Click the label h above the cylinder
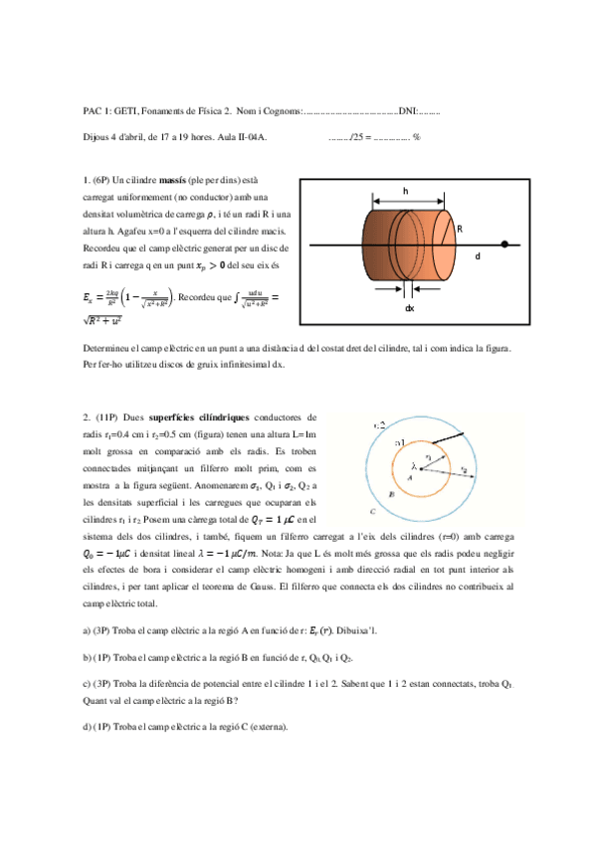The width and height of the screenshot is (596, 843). click(x=405, y=190)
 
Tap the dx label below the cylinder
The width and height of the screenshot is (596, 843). click(x=409, y=308)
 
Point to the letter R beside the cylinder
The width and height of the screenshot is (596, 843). click(x=460, y=230)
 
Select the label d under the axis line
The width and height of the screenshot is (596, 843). click(x=477, y=256)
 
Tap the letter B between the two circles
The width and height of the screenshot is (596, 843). click(x=395, y=490)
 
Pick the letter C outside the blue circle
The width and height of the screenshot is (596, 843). click(x=371, y=511)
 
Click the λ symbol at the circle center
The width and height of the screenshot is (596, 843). click(x=414, y=464)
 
